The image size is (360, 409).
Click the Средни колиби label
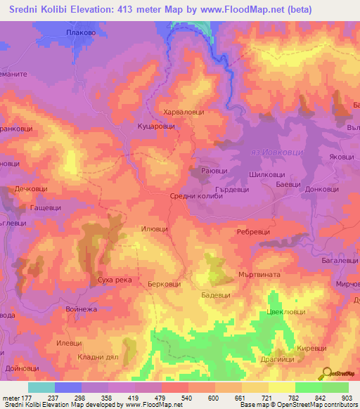(x=197, y=197)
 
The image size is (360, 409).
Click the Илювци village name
(x=155, y=228)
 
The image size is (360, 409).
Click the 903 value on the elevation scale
(x=347, y=398)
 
